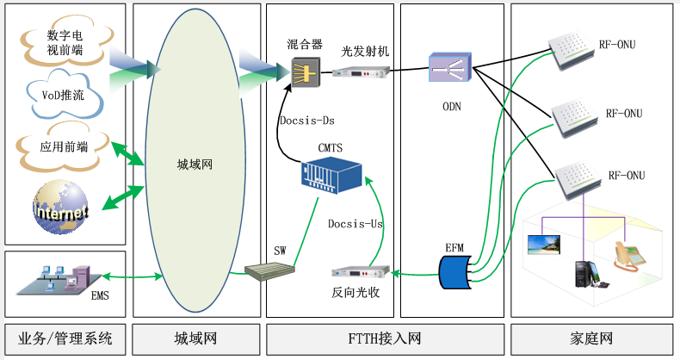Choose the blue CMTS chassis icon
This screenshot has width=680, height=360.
325,177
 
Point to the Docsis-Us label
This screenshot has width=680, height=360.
355,224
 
